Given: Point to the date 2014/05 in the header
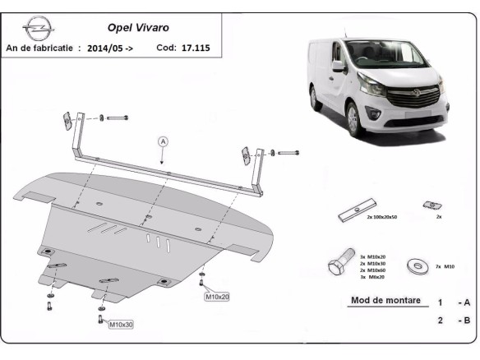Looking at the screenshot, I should click(112, 48).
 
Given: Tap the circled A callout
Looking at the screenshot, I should click(163, 141).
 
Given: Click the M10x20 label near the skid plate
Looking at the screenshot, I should click(216, 296).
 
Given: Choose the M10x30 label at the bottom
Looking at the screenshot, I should click(122, 325).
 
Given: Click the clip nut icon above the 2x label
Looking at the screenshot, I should click(429, 204).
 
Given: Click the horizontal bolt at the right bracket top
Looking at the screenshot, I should click(289, 153).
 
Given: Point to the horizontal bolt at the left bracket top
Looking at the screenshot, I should click(117, 118).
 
